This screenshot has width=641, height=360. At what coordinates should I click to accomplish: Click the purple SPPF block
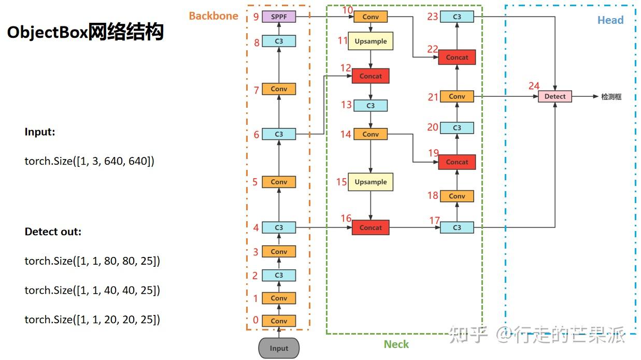pyautogui.click(x=279, y=17)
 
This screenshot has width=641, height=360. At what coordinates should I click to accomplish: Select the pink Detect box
pyautogui.click(x=555, y=96)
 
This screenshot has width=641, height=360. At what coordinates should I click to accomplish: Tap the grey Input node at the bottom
pyautogui.click(x=279, y=348)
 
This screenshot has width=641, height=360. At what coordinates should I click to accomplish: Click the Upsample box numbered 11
pyautogui.click(x=371, y=41)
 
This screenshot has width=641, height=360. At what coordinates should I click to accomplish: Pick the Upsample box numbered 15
pyautogui.click(x=371, y=182)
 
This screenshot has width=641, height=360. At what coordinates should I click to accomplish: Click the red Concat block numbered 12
pyautogui.click(x=371, y=76)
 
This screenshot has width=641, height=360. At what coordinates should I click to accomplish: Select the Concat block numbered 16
pyautogui.click(x=371, y=227)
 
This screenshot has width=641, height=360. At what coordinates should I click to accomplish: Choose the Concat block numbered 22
pyautogui.click(x=457, y=57)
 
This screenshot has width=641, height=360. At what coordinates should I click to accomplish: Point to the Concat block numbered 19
pyautogui.click(x=457, y=162)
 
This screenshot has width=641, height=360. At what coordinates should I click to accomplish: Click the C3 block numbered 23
pyautogui.click(x=457, y=17)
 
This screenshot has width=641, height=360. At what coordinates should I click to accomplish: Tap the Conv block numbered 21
pyautogui.click(x=457, y=96)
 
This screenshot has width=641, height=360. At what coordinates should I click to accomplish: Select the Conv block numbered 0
pyautogui.click(x=279, y=321)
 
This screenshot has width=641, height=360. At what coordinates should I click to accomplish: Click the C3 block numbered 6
pyautogui.click(x=279, y=134)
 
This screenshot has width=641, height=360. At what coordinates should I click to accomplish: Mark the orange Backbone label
pyautogui.click(x=213, y=16)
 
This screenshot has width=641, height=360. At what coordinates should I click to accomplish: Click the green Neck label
pyautogui.click(x=396, y=344)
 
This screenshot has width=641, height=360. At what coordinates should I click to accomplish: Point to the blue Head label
pyautogui.click(x=610, y=20)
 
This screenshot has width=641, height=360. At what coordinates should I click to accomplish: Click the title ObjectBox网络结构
pyautogui.click(x=86, y=32)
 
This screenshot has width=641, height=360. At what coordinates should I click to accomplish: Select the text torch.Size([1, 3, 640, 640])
pyautogui.click(x=89, y=161)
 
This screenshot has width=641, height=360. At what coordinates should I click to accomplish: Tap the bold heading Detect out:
pyautogui.click(x=53, y=232)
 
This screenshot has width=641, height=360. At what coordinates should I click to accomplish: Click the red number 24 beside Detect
pyautogui.click(x=534, y=86)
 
